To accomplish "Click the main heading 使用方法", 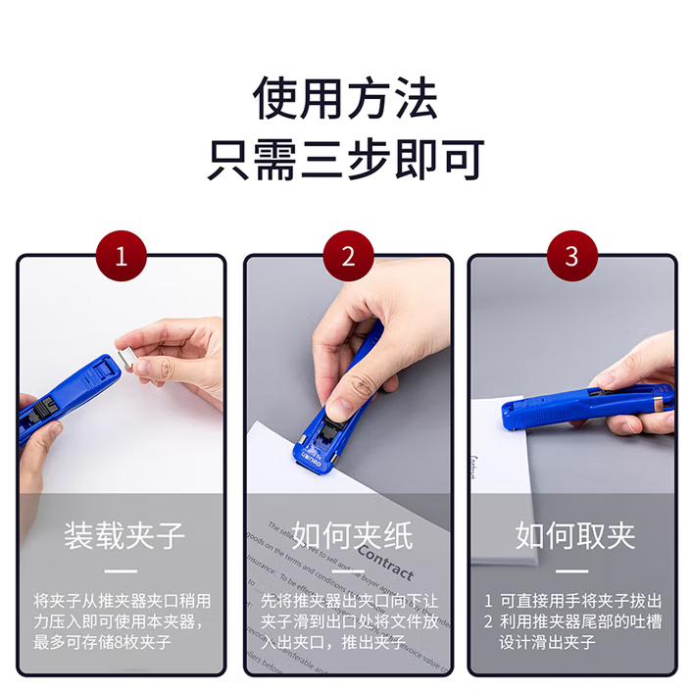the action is coord(345,98).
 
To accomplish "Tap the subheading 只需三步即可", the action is coord(346,160).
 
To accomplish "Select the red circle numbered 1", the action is coord(122,256).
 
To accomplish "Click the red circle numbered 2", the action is coord(348,256).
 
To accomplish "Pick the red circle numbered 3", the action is coord(572,256).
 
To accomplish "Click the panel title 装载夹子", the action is coord(124,536).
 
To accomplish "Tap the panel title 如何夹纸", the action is coord(352,536).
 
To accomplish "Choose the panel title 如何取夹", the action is coord(575,536).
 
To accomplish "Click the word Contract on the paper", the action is coord(386,562).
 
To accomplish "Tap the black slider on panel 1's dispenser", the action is coord(43,408).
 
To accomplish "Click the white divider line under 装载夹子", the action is coord(121,571).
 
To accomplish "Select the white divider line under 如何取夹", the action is coord(572,571).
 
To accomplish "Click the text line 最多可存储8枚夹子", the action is coord(102,642).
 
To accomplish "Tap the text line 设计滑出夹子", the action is coord(547,642).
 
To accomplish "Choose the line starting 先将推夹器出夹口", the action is coord(349,601).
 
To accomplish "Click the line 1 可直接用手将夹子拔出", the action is coord(572,601).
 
